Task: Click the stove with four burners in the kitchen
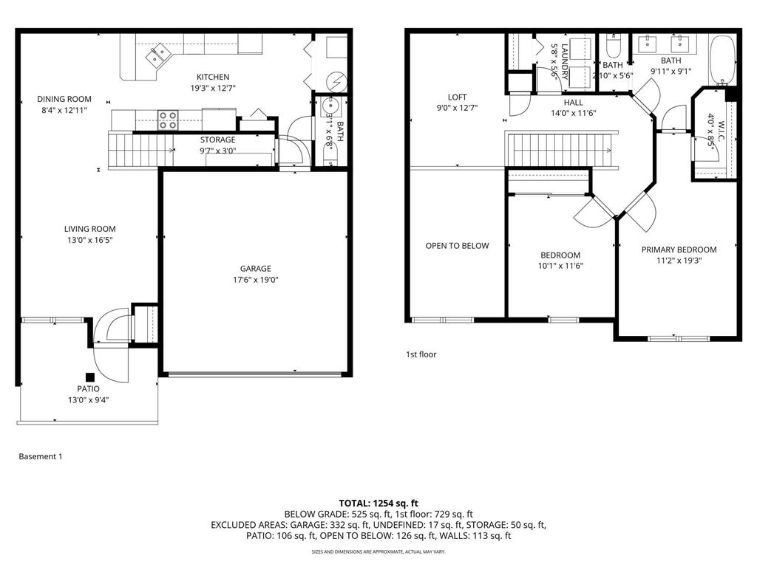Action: pos(168,120)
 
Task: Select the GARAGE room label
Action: pos(255,269)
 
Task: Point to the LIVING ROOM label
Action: pos(89,229)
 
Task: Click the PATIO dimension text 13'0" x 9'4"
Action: pos(88,400)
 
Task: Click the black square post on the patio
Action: pos(89,375)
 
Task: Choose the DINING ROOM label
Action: pos(64,99)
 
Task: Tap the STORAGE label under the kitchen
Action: pos(217,140)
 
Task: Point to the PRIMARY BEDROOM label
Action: pos(679,250)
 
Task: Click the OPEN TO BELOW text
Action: pos(457,246)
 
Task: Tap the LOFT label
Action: pos(458,97)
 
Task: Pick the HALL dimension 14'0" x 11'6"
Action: pos(573,113)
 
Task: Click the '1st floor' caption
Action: pos(421,354)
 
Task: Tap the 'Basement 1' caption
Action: pos(41,456)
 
